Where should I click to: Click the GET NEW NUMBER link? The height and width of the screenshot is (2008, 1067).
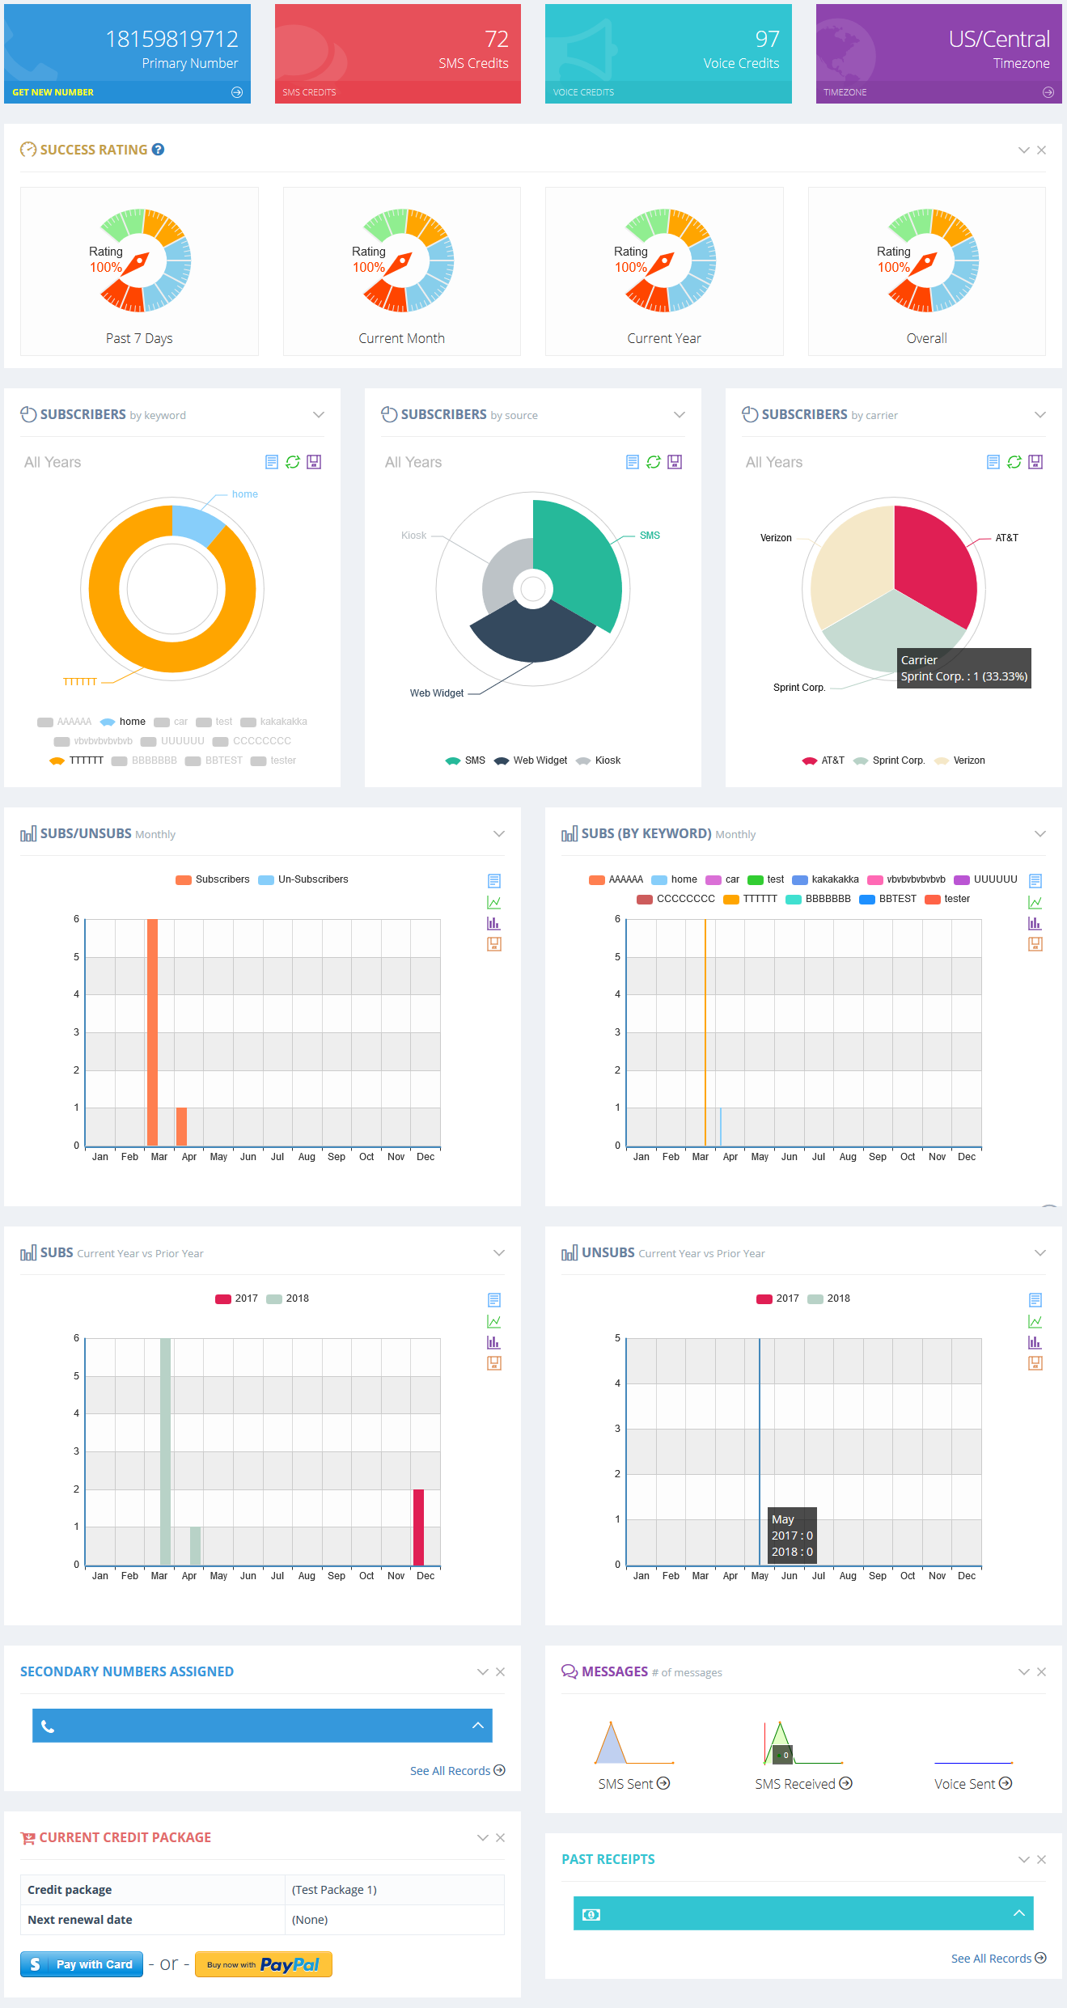53,92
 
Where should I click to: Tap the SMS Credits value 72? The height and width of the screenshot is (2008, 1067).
496,39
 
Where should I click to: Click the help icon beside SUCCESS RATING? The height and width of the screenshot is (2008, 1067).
159,150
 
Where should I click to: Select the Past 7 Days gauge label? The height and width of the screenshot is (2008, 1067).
139,338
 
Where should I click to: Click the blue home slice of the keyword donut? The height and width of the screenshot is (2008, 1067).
196,523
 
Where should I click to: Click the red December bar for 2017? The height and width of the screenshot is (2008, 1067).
418,1527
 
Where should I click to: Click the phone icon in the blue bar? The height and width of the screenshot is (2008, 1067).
48,1727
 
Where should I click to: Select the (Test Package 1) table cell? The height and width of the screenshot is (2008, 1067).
334,1890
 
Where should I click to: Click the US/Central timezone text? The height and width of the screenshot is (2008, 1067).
999,39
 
